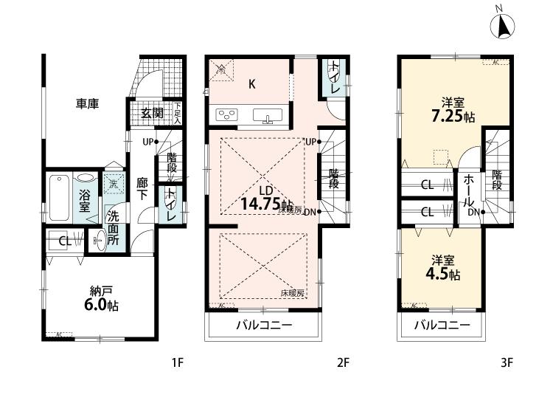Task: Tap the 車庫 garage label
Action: [x=87, y=104]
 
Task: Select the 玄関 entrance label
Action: [x=153, y=113]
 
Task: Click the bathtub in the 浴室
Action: [x=61, y=194]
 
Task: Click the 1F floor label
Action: [x=177, y=362]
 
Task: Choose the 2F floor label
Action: [x=343, y=362]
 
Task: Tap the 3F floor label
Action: [x=506, y=362]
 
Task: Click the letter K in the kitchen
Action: [x=251, y=84]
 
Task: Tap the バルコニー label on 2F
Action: [x=263, y=325]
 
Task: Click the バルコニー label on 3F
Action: [x=441, y=325]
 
